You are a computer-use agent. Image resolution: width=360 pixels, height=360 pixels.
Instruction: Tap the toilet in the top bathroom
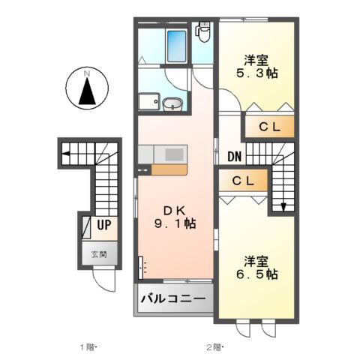coord(202,30)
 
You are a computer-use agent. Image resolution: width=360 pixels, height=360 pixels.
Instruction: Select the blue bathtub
coord(177,46)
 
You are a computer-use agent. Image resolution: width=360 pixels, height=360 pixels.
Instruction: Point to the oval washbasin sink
coord(172,103)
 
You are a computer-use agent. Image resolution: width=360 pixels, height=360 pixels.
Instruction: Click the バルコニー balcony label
coord(173,299)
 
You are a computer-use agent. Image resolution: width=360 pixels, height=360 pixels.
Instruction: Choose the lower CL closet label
coord(241,181)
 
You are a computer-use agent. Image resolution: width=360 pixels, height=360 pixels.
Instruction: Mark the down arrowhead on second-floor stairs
coord(284,208)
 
